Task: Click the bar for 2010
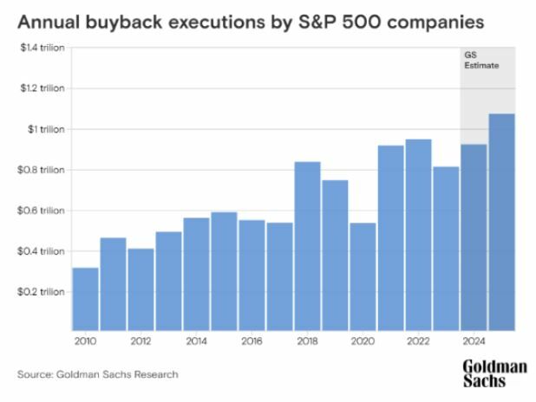point(85,299)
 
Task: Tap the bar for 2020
point(363,276)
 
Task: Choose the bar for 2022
point(418,235)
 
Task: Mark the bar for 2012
point(141,289)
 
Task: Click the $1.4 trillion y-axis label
point(42,49)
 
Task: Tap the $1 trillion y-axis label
point(49,129)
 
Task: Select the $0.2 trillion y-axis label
point(42,292)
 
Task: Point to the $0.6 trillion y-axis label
point(42,211)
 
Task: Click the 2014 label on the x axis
point(196,341)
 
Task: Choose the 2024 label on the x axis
point(474,341)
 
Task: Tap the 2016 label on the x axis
point(252,341)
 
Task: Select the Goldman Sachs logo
point(494,373)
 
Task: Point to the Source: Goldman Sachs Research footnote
point(97,374)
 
